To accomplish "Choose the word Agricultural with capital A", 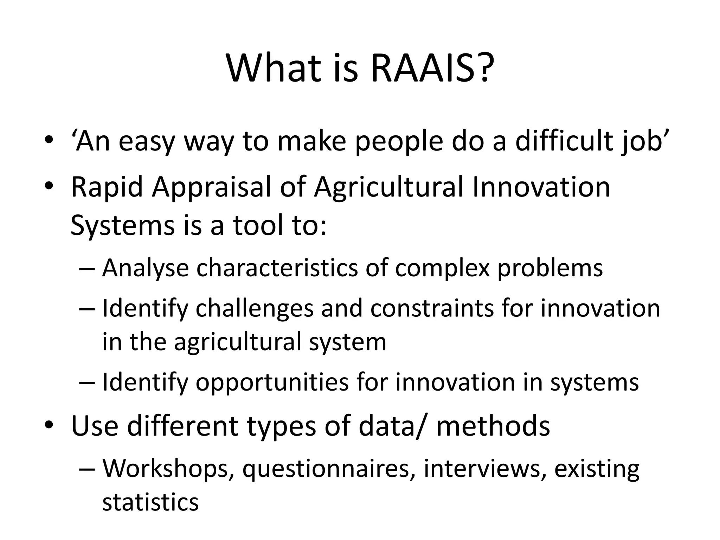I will (388, 188).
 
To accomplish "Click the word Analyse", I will (145, 269).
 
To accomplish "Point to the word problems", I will (550, 269).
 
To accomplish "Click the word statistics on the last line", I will (150, 502).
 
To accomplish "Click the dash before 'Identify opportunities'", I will (87, 383).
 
